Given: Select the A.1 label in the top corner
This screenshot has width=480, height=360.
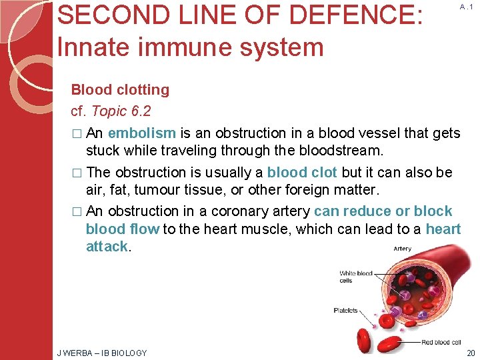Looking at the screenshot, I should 467,7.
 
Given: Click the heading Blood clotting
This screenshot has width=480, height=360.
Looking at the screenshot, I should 120,89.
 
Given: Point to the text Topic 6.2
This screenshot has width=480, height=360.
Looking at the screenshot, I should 121,111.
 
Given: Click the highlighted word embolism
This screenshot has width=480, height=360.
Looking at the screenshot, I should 142,133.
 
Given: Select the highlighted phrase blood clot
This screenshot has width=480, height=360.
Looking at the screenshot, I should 302,173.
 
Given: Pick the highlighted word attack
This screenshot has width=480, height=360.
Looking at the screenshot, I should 107,246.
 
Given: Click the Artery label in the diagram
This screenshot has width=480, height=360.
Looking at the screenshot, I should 402,249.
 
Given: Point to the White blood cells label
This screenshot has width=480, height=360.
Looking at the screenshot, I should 355,277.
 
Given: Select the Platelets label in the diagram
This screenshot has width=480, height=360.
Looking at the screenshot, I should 345,310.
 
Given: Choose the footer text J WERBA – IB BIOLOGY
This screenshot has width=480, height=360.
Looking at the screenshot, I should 102,353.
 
